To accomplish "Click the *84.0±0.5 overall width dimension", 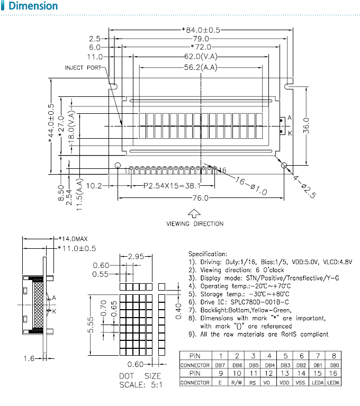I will point(201,30).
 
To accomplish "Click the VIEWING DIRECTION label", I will point(195,224).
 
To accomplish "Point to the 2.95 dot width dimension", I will point(136,256).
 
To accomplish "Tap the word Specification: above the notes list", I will point(208,254).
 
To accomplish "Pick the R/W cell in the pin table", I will point(237,382).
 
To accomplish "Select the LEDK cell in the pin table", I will point(333,382).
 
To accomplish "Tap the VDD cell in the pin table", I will point(284,382).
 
